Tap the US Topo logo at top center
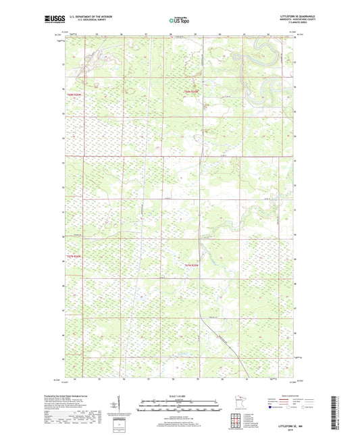point(179,20)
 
